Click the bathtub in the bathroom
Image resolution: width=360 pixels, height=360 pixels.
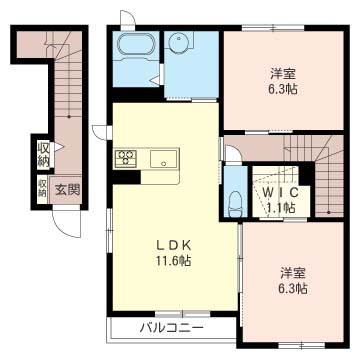tap(136, 45)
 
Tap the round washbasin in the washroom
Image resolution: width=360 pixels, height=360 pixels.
tap(180, 43)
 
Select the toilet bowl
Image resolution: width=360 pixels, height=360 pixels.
tap(235, 204)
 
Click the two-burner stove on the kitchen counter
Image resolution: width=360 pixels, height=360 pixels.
tap(126, 158)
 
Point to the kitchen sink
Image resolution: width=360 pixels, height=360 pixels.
tap(163, 159)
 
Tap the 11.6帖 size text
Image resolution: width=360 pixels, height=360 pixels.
tap(173, 260)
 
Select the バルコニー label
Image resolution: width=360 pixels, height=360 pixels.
tap(171, 328)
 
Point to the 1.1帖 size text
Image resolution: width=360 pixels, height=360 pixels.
tap(281, 208)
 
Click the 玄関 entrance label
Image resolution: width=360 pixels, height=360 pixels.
tap(67, 190)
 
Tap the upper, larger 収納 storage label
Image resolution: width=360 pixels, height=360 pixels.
tap(43, 154)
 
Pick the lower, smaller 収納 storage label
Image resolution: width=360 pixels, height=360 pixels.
tap(42, 188)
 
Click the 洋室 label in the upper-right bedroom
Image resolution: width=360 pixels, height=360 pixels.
tap(283, 73)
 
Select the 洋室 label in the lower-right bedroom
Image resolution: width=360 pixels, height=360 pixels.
tap(293, 274)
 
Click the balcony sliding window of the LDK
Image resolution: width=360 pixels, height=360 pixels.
tap(183, 314)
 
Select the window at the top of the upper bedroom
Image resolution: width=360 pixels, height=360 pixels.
tap(273, 27)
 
